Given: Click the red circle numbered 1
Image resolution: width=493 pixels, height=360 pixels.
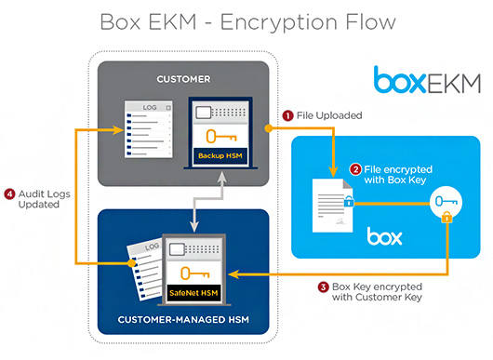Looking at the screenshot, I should coord(288,115).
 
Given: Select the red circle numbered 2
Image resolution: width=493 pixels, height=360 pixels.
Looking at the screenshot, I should coord(355,169).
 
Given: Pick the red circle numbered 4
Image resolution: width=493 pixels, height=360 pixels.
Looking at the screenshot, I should coord(9,194).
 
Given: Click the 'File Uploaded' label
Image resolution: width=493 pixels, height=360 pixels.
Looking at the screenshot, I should coord(330,115).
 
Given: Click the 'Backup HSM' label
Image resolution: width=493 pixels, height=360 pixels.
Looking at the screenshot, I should coord(220,154).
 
